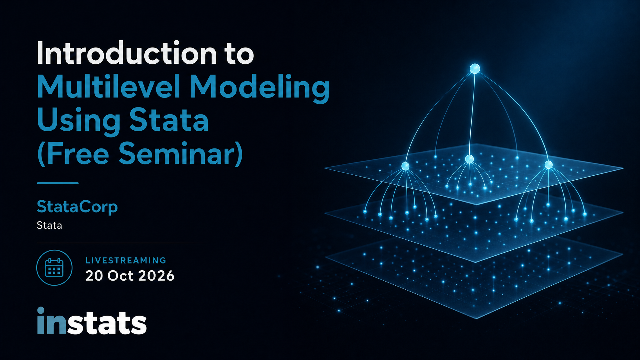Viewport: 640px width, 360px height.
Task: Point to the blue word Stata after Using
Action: [x=169, y=120]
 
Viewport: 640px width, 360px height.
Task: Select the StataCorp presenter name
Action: [x=77, y=207]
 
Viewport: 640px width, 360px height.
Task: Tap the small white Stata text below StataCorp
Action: [x=49, y=225]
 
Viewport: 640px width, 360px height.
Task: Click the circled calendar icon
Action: [x=54, y=267]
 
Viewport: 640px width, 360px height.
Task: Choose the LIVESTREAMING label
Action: [x=126, y=260]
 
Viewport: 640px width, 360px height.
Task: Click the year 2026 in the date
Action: [x=156, y=276]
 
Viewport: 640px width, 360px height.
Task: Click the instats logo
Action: [x=92, y=321]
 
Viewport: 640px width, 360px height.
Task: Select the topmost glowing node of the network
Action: [x=475, y=69]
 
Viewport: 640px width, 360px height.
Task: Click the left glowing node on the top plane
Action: [x=405, y=166]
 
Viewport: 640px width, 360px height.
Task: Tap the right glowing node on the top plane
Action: [x=548, y=165]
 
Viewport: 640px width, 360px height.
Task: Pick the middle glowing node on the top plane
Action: [x=469, y=159]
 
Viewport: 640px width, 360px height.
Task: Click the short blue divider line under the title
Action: [x=57, y=183]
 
